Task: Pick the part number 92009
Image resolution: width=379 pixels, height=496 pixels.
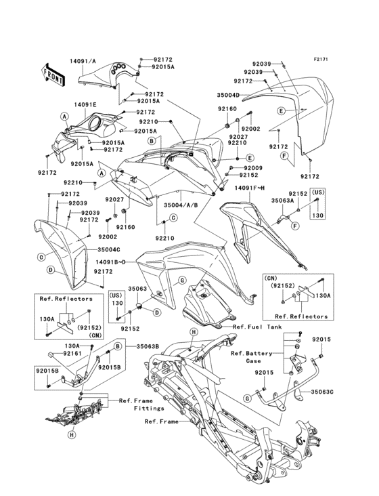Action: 252,167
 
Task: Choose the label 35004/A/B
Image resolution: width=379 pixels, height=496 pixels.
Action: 179,201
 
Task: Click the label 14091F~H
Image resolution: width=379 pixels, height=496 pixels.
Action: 250,188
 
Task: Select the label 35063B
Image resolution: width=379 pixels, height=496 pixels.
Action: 147,346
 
